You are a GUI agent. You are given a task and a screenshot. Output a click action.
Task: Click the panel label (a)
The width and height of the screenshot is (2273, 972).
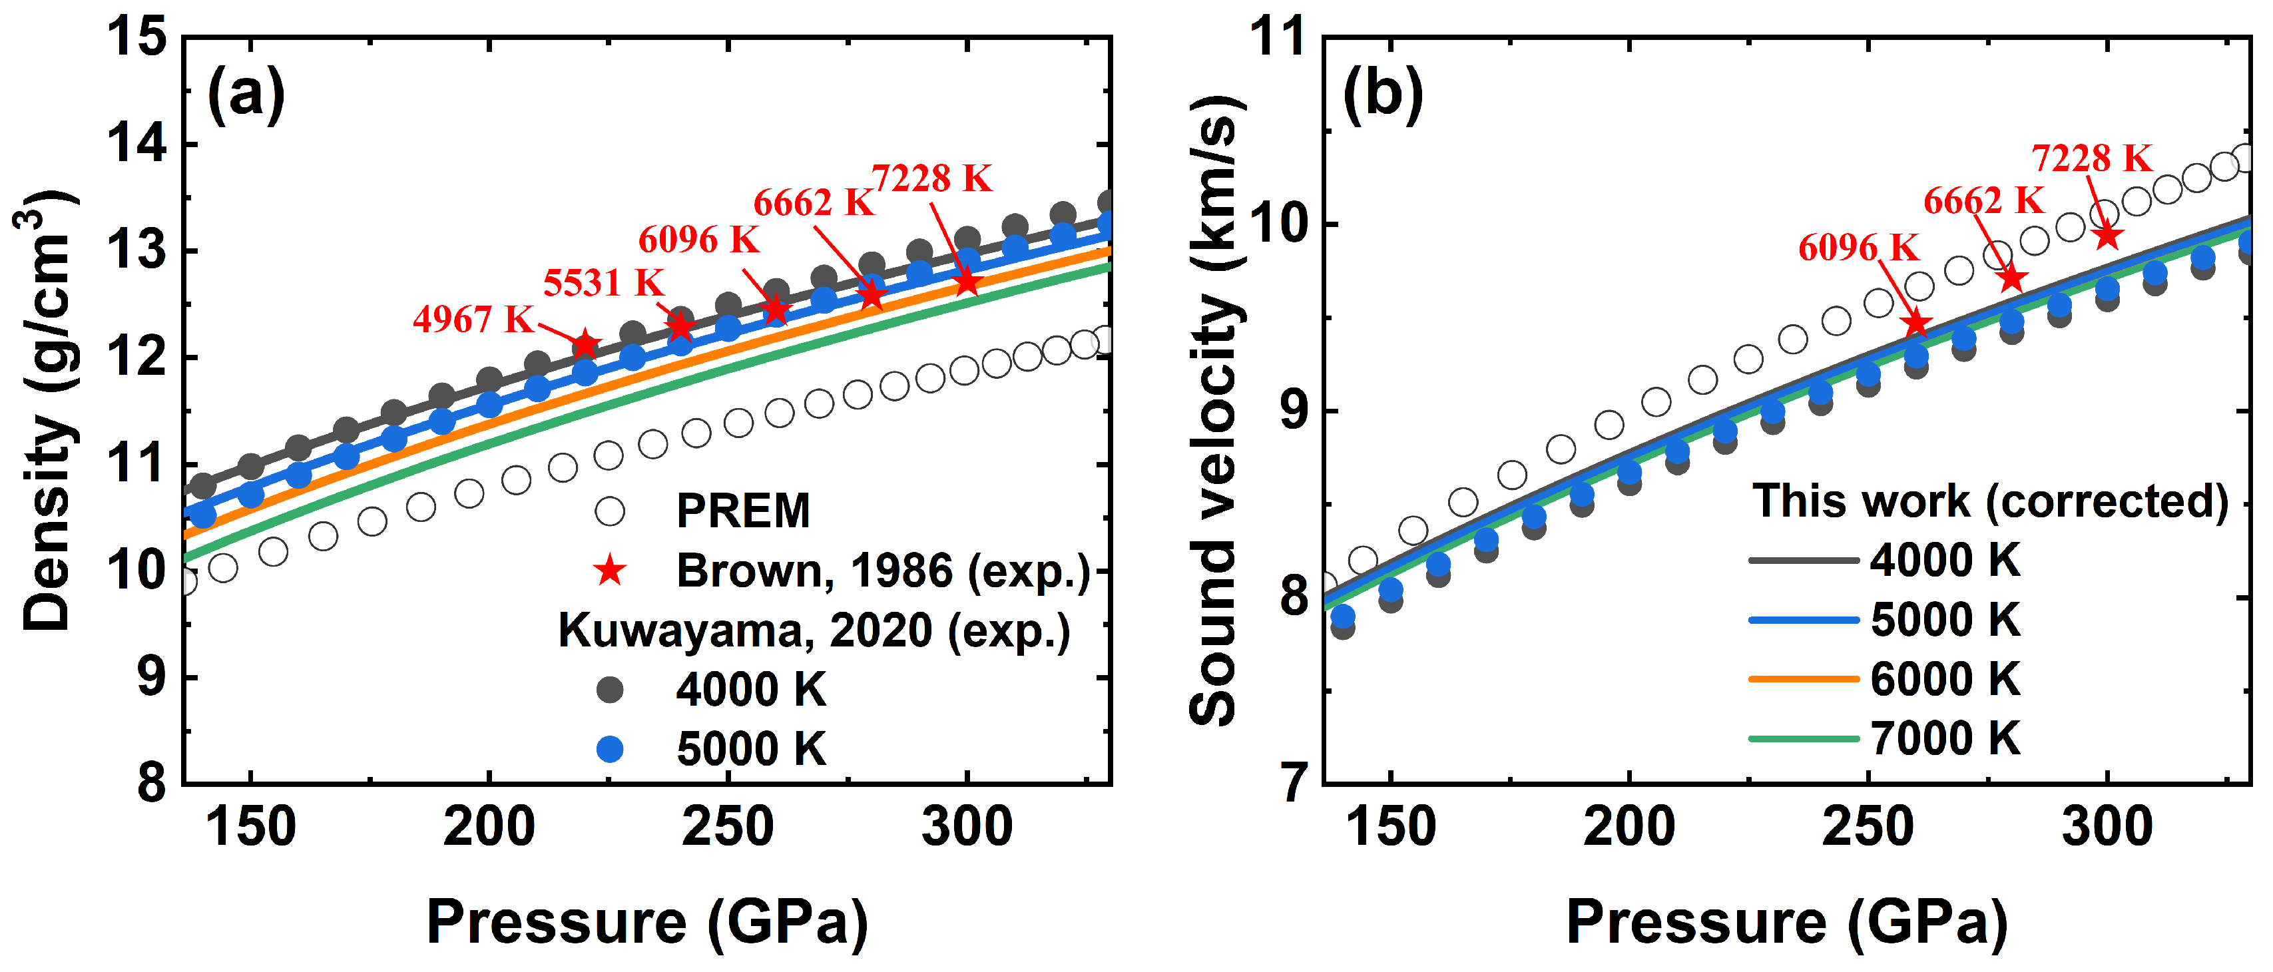click(x=246, y=95)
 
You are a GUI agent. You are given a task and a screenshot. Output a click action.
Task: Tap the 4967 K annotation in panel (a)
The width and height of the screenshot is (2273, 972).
click(x=474, y=320)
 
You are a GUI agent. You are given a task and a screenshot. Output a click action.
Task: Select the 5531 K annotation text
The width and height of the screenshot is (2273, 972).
click(x=604, y=283)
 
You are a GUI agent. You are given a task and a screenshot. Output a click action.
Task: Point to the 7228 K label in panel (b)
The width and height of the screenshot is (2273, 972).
click(x=2092, y=158)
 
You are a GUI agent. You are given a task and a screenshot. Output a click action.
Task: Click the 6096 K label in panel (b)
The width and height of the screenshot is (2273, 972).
click(x=1859, y=248)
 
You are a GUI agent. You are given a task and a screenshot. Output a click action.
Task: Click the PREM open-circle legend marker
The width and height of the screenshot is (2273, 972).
click(x=610, y=511)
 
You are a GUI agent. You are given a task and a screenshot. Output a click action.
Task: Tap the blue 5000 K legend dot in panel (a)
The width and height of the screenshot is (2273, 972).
click(x=610, y=749)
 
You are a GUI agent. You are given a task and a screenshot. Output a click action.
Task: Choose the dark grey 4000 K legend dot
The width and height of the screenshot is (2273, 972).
click(x=610, y=689)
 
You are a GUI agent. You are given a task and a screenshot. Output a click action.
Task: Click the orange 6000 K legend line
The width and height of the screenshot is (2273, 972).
click(x=1804, y=679)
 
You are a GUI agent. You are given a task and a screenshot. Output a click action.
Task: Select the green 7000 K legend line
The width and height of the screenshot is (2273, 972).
click(x=1804, y=738)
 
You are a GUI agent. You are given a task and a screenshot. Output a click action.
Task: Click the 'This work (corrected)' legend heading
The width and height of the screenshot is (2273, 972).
click(x=1991, y=501)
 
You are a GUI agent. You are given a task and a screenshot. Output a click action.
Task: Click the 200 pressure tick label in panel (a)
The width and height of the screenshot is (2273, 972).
click(x=489, y=828)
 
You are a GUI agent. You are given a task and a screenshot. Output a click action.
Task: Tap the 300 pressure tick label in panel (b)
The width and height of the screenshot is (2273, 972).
click(x=2107, y=828)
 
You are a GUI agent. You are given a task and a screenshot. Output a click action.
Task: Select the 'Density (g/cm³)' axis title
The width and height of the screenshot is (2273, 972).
click(x=46, y=411)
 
